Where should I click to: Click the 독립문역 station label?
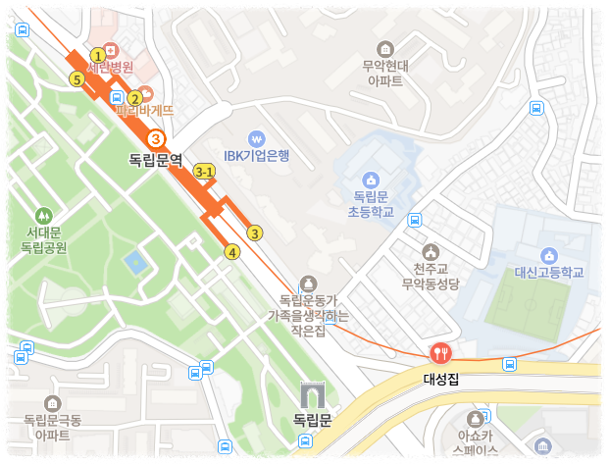tap(156, 159)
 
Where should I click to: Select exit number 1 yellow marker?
tap(97, 55)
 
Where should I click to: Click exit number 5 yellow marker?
tap(76, 78)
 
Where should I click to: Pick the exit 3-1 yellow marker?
tap(204, 172)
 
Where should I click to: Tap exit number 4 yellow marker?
tap(232, 252)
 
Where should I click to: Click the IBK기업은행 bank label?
tap(257, 155)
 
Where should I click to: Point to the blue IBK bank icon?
tap(257, 138)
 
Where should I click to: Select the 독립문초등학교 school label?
tap(372, 204)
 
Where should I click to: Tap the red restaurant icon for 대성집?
tap(440, 353)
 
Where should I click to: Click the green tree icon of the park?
tap(42, 215)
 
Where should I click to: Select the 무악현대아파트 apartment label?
tap(383, 75)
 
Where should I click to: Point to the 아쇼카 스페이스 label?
tap(478, 441)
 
